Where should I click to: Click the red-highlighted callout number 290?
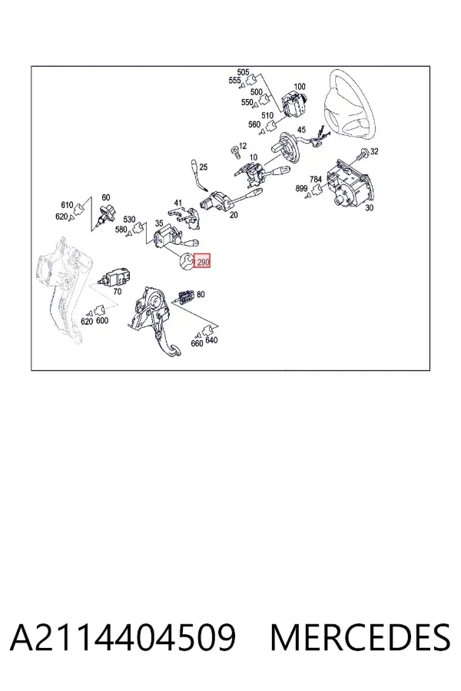tap(203, 263)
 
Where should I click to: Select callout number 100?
tap(299, 87)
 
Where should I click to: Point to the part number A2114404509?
tap(123, 637)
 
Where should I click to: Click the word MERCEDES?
tap(360, 637)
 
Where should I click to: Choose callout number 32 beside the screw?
tap(374, 151)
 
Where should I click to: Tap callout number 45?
tap(301, 130)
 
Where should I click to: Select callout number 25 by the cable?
tap(203, 167)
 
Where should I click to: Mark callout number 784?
tap(316, 180)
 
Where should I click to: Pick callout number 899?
tap(301, 189)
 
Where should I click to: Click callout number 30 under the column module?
tap(370, 207)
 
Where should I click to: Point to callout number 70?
tap(117, 292)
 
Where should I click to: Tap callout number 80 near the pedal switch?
tap(201, 294)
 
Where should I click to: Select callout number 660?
tap(197, 343)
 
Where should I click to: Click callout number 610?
tap(67, 205)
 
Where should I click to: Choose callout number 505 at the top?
tap(243, 72)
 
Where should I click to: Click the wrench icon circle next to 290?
tap(187, 262)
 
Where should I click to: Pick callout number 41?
tap(177, 203)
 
